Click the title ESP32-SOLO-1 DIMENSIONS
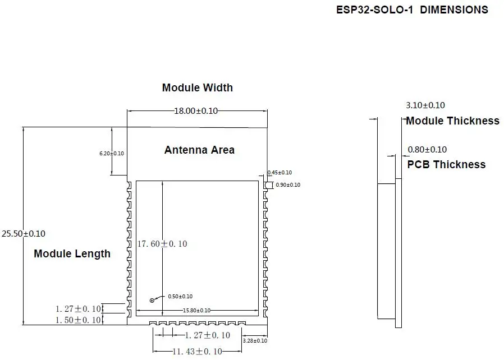coord(412,10)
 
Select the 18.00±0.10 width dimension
coord(196,111)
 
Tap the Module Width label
coord(198,87)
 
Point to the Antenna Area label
coord(199,150)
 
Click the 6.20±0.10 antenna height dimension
coord(112,154)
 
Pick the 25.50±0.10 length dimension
coord(24,234)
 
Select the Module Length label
coord(72,253)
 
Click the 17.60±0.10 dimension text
coord(162,244)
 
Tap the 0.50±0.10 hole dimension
coord(180,297)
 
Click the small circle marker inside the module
coord(152,301)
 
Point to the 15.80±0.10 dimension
coord(196,311)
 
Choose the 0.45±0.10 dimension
coord(280,173)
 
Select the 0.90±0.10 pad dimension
coord(288,185)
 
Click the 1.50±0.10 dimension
coord(78,320)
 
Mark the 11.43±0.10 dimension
coord(198,352)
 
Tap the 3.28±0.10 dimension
coord(255,341)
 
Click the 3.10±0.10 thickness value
coord(425,105)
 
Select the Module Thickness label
coord(452,121)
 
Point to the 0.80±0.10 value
coord(427,150)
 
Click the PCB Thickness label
coord(446,164)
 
